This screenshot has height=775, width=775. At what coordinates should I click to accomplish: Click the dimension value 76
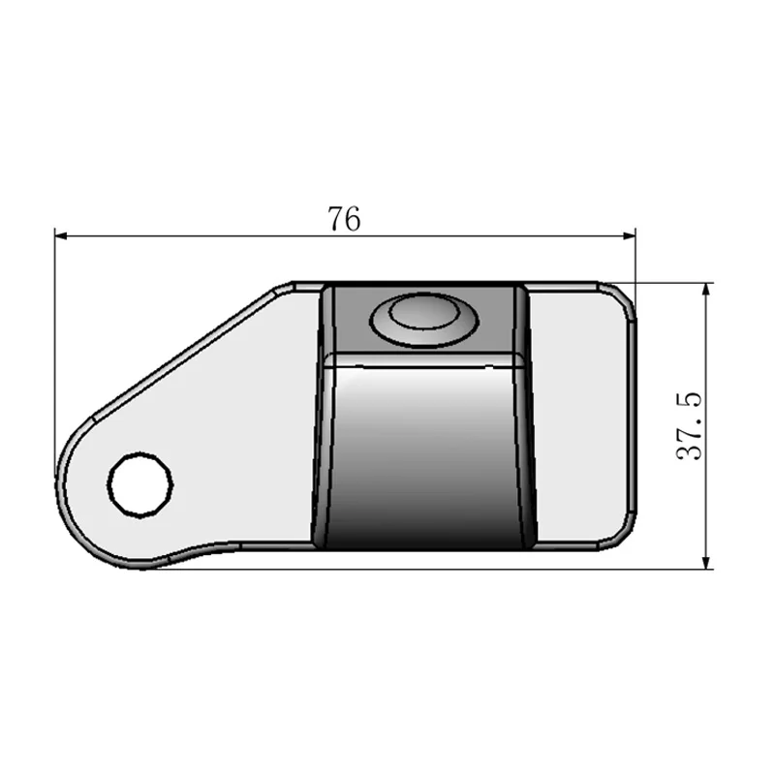click(344, 220)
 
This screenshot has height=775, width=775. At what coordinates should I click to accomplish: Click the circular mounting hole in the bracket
click(140, 481)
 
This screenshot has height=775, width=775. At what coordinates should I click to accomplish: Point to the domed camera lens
click(422, 318)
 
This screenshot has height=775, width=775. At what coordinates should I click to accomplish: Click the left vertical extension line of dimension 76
click(54, 368)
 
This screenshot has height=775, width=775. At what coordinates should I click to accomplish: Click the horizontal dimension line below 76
click(242, 234)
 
